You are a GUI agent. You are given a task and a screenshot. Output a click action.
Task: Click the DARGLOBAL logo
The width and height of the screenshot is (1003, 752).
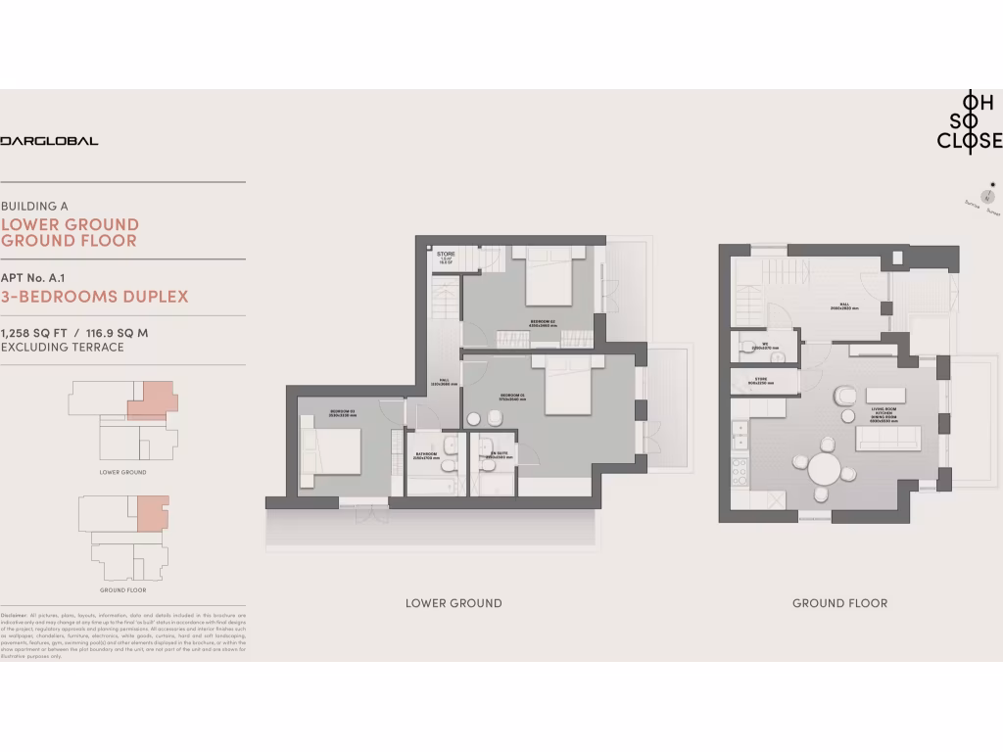pos(49,141)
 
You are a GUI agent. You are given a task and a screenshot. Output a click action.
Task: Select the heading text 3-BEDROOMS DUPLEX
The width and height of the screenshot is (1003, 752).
pos(95,297)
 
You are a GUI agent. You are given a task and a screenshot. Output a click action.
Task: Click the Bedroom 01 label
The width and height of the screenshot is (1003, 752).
pos(513,396)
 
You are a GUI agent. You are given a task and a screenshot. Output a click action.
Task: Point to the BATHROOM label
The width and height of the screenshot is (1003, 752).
pos(424,454)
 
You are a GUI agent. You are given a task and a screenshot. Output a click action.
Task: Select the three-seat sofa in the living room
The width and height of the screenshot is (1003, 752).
pos(887,438)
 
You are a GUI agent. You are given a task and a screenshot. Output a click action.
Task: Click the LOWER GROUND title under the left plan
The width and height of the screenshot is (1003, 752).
pos(454,603)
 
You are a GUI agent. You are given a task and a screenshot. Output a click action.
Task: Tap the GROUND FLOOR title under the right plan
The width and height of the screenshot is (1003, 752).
pos(839,603)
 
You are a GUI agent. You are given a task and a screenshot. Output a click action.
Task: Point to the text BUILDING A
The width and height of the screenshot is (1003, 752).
pos(35,207)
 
